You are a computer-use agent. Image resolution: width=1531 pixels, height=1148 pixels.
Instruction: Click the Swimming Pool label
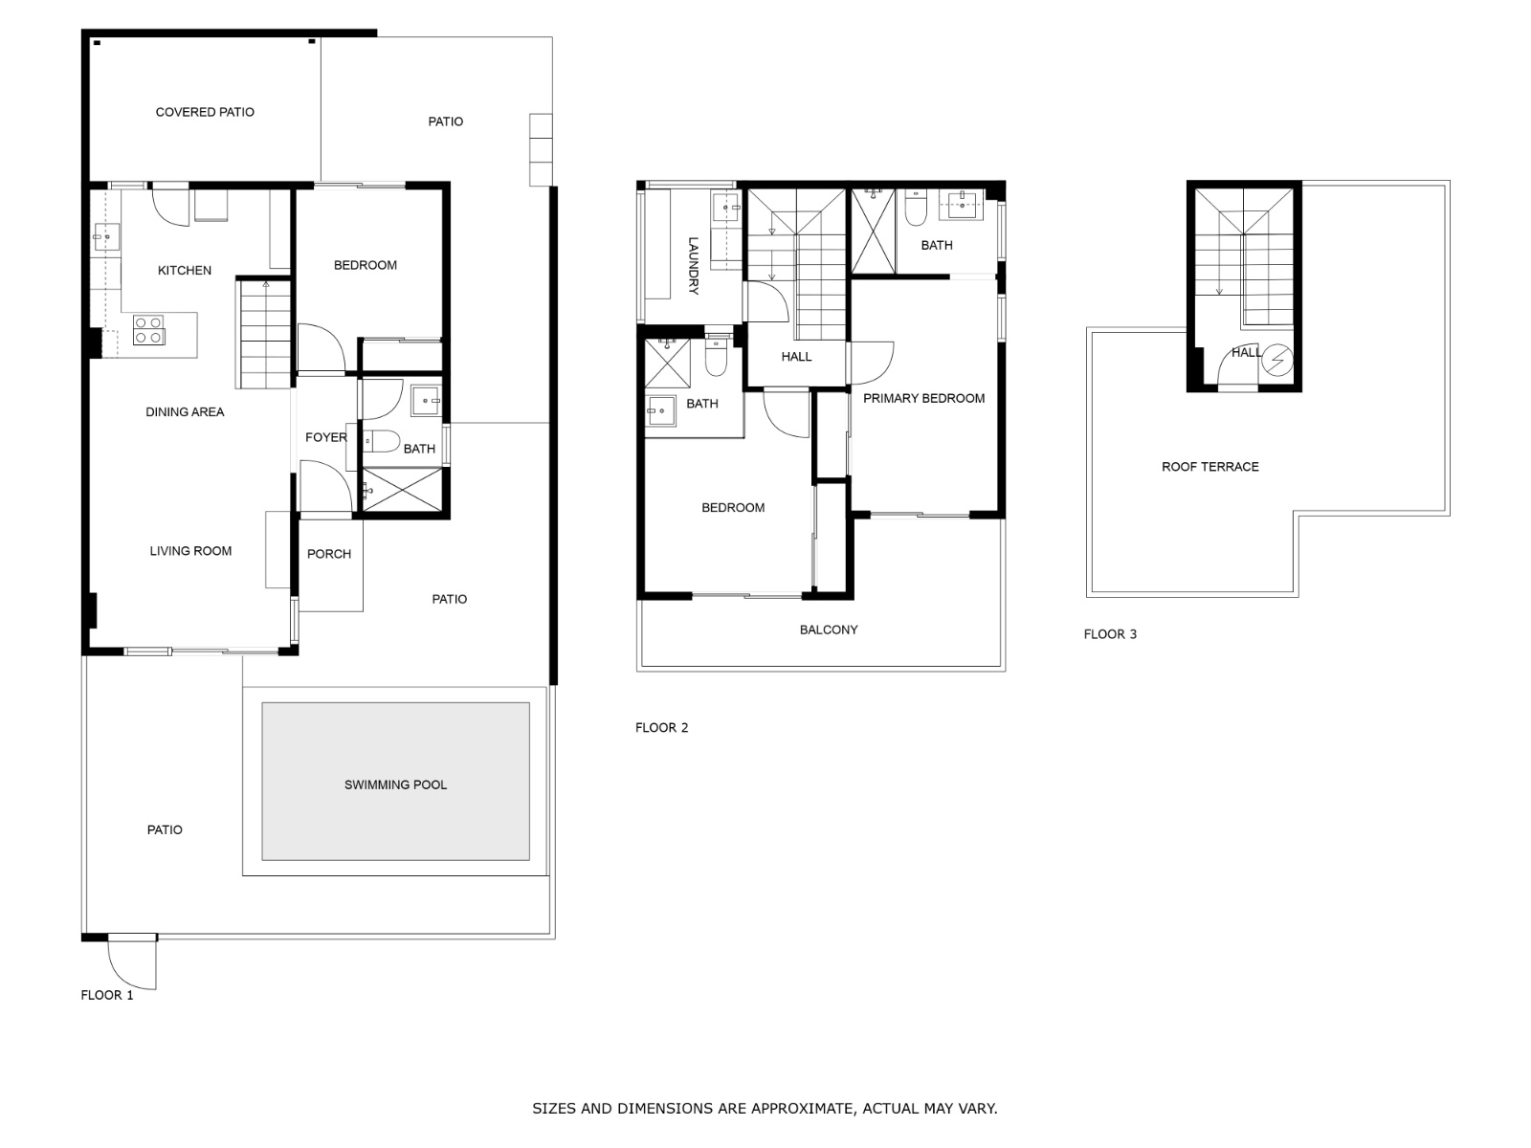(x=395, y=784)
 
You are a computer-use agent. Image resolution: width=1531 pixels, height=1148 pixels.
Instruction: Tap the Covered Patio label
(x=205, y=112)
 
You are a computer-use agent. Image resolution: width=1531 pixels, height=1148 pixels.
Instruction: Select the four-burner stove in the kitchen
(x=148, y=330)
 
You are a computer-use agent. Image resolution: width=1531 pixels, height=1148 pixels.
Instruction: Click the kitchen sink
(x=106, y=237)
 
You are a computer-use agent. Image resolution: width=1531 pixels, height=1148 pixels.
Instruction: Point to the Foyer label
(x=325, y=438)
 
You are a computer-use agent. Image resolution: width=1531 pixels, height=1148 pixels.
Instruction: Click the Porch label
(x=329, y=554)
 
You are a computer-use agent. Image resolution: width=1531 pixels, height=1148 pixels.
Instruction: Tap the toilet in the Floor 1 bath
(x=381, y=441)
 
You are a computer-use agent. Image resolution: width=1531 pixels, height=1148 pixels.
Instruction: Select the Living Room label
(x=190, y=551)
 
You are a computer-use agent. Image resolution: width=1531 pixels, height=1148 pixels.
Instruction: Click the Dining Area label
(x=185, y=412)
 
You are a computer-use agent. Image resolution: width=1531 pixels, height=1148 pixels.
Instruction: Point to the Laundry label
(x=694, y=266)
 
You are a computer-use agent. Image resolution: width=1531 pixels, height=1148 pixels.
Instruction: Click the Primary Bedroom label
(x=924, y=399)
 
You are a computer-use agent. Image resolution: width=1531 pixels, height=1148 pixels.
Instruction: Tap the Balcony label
(x=829, y=630)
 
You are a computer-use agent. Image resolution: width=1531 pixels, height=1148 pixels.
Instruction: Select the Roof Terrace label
(x=1210, y=467)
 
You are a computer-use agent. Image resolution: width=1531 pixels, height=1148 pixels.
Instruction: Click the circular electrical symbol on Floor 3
(x=1277, y=361)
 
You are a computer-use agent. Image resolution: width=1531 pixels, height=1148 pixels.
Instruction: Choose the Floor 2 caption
(x=661, y=728)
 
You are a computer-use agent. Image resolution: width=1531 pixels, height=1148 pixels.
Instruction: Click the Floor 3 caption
(x=1110, y=634)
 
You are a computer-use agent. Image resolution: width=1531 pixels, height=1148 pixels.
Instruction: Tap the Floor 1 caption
(x=107, y=995)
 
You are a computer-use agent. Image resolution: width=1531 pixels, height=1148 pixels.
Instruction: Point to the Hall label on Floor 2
(x=796, y=357)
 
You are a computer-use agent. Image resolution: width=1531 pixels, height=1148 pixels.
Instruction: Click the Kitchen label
(x=184, y=271)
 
